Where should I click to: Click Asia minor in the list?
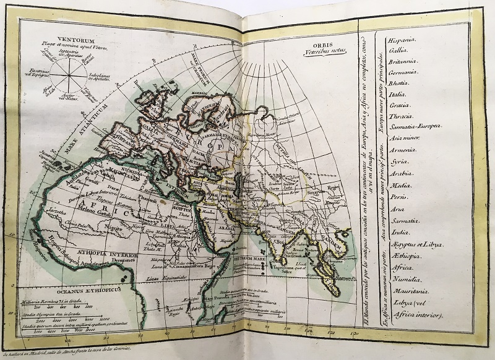coord(405,139)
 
